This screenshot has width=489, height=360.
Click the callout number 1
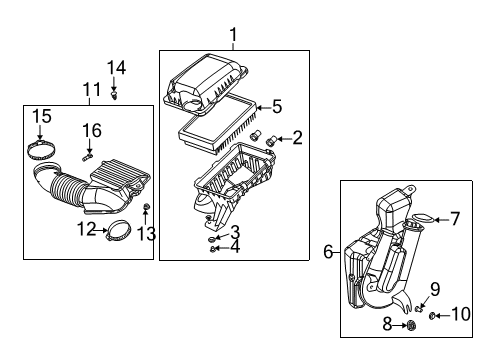(x=233, y=37)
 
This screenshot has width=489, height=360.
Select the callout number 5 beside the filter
(x=278, y=105)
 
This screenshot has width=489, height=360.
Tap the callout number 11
(x=90, y=91)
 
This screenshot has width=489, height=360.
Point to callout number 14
(x=116, y=67)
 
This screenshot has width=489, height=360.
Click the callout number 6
(x=329, y=252)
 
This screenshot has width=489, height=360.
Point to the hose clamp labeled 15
(x=40, y=153)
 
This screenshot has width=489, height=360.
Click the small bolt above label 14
(x=116, y=96)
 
